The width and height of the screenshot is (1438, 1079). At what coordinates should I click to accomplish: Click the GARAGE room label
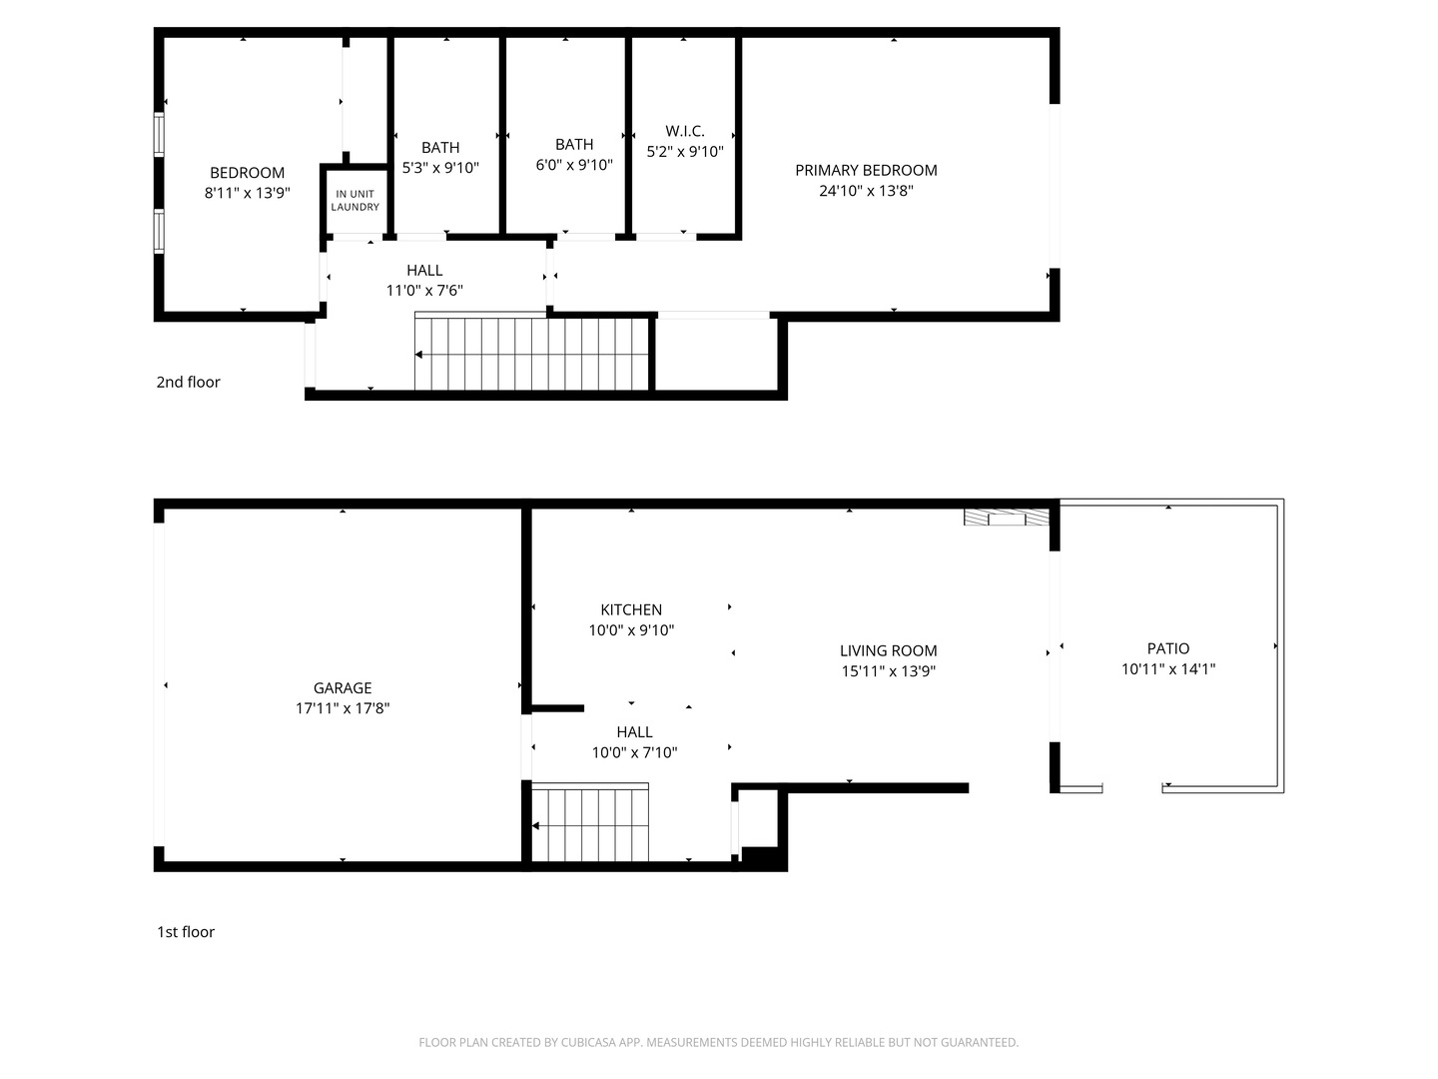point(343,687)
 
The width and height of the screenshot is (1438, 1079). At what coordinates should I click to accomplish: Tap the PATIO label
point(1167,648)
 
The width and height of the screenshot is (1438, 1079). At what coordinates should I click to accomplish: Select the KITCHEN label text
point(631,609)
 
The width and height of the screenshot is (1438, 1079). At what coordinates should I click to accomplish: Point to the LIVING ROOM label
point(888,650)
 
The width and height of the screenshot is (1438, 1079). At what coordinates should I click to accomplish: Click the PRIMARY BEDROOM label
point(866,170)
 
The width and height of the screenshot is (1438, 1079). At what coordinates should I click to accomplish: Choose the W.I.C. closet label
point(685,131)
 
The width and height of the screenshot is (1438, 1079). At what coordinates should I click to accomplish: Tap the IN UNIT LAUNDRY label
point(356,200)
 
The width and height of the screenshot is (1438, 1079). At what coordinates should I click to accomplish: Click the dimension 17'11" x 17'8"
point(343,708)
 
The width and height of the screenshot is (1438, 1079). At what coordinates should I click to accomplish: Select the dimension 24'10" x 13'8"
point(866,191)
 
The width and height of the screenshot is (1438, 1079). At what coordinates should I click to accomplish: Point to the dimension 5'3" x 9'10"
point(440,168)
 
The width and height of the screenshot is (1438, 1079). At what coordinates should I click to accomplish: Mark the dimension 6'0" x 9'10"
point(574,165)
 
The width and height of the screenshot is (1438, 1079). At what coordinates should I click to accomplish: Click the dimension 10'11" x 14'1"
point(1167,669)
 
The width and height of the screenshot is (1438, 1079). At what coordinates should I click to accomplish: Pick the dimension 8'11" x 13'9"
point(247,193)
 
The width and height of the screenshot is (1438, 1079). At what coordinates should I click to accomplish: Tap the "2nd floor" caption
point(188,382)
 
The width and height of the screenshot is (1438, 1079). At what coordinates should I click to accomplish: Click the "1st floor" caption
point(186,932)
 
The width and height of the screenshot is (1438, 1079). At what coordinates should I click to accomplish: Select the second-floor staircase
point(533,354)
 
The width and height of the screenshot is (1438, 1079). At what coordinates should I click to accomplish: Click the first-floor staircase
point(590,824)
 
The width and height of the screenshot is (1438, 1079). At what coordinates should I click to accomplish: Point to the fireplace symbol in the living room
point(1007,518)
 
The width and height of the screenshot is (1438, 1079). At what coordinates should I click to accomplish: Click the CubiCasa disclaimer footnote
point(718,1042)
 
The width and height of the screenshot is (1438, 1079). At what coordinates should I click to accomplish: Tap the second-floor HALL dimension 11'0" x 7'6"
point(424,291)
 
